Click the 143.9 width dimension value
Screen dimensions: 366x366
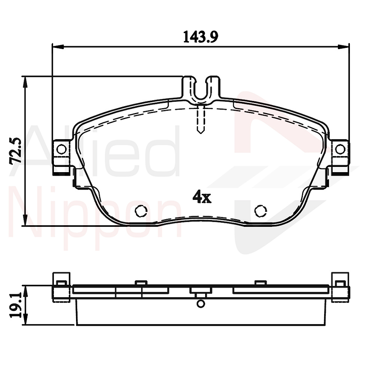(201, 37)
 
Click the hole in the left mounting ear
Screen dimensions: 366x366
(61, 150)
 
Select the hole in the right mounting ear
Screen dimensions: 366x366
(340, 150)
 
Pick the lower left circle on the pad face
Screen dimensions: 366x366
(141, 210)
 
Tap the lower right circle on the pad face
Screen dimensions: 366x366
(261, 210)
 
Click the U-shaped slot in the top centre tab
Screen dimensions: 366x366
(201, 90)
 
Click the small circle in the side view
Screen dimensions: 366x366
(200, 304)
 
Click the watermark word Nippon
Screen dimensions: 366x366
(97, 217)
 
